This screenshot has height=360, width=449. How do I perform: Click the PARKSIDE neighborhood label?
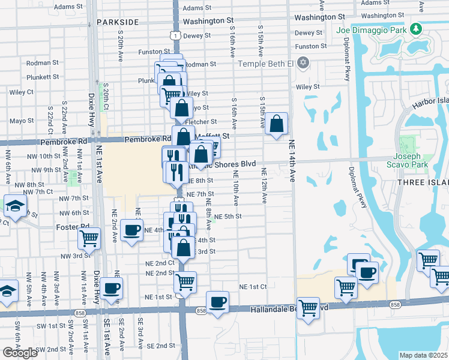(x=117, y=22)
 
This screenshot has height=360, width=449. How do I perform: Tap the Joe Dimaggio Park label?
(x=372, y=29)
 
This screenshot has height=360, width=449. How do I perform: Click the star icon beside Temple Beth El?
(x=303, y=62)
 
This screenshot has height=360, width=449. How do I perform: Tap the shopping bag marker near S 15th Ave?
(x=276, y=124)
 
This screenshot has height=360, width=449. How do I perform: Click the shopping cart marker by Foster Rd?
(x=89, y=238)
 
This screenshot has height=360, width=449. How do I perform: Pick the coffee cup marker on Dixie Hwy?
(x=111, y=289)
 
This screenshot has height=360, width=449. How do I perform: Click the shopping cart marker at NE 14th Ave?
(x=308, y=308)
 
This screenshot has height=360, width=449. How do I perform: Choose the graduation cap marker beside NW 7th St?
(x=14, y=206)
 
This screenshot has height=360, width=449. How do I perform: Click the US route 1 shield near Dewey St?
(x=175, y=37)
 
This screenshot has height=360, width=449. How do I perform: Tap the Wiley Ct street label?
(x=21, y=92)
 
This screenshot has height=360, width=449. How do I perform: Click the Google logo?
(x=20, y=353)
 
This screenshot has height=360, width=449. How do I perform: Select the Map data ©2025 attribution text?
(x=423, y=355)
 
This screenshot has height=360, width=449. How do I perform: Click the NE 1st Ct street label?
(x=252, y=287)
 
